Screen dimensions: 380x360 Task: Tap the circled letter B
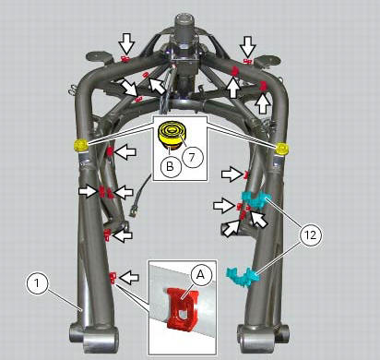click(x=169, y=167)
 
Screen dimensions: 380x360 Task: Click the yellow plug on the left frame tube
click(x=79, y=145)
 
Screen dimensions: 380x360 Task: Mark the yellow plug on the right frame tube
click(x=281, y=148)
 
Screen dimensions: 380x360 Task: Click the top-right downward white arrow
click(x=248, y=45)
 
